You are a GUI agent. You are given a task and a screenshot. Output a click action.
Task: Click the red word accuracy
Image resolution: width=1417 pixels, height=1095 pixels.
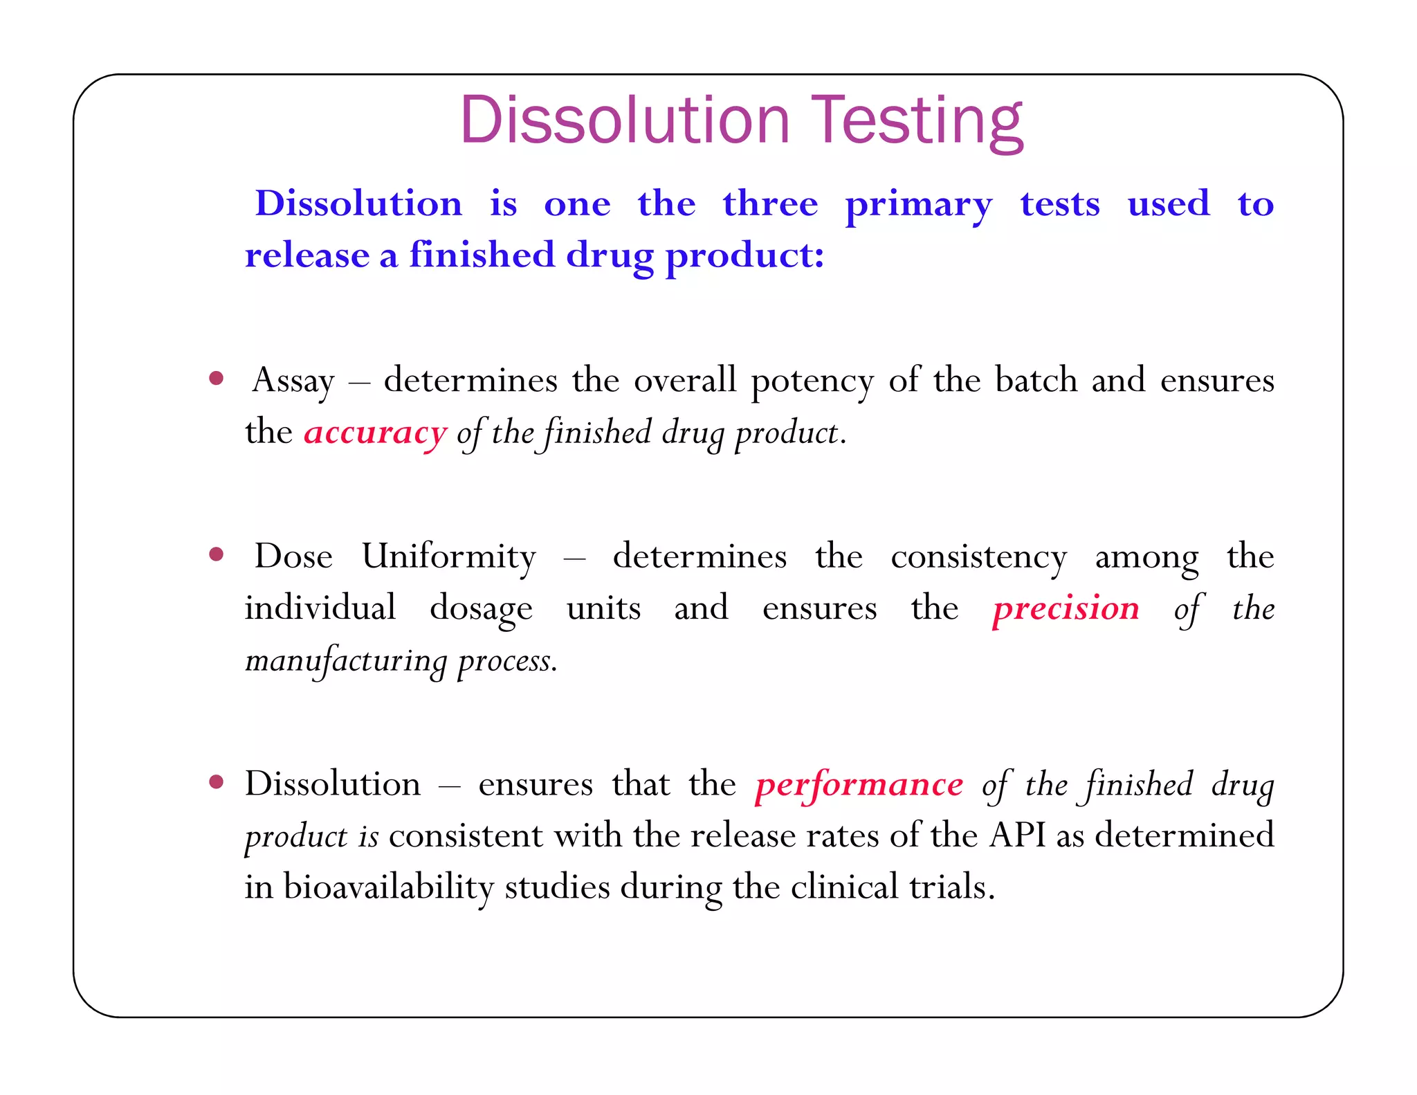coord(376,433)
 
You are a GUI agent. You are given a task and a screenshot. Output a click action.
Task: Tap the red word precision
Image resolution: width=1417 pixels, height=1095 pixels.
coord(1066,608)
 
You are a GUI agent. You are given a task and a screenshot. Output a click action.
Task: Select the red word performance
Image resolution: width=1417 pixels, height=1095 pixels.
coord(859,785)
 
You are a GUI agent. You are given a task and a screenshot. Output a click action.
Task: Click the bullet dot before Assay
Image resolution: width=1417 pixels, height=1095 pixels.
coord(217,379)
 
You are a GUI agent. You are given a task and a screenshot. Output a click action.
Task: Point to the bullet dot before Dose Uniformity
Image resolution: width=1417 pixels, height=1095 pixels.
coord(217,554)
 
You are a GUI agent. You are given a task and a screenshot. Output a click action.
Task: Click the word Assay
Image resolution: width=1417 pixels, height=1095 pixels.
coord(293,381)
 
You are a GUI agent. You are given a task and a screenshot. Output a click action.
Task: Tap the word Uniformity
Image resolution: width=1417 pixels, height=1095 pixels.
coord(449,556)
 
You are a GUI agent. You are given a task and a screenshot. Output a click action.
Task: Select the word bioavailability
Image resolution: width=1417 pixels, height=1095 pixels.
coord(388,887)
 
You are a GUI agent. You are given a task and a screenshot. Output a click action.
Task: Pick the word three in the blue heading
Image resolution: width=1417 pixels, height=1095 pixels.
coord(770,204)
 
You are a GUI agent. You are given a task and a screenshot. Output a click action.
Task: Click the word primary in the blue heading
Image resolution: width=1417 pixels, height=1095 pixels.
coord(919,206)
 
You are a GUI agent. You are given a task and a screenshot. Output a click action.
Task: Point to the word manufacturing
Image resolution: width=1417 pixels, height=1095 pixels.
coord(346,661)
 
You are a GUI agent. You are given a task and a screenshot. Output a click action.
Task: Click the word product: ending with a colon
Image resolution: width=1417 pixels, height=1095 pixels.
coord(744,256)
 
